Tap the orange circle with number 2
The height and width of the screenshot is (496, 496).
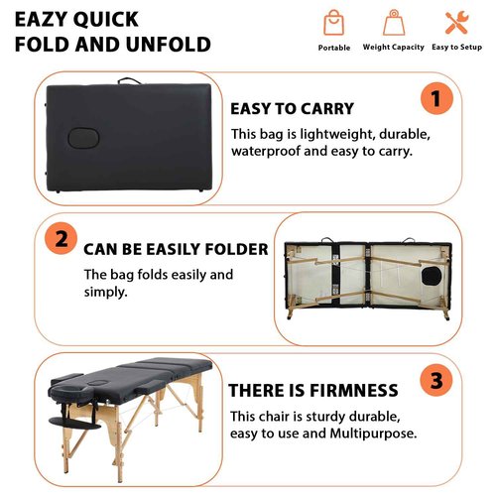(61, 239)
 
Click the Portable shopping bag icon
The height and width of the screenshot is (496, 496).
(334, 24)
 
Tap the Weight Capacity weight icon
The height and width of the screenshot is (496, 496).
(394, 24)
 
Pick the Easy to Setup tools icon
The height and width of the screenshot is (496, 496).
(455, 24)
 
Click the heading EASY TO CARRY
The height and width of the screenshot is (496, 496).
(292, 109)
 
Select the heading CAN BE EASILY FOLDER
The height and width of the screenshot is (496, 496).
(176, 249)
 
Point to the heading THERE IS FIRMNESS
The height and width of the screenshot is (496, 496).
(313, 391)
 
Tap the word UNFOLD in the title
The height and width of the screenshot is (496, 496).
(173, 45)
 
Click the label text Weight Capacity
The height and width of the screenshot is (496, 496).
(394, 48)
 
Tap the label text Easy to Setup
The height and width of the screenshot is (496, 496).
(455, 48)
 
